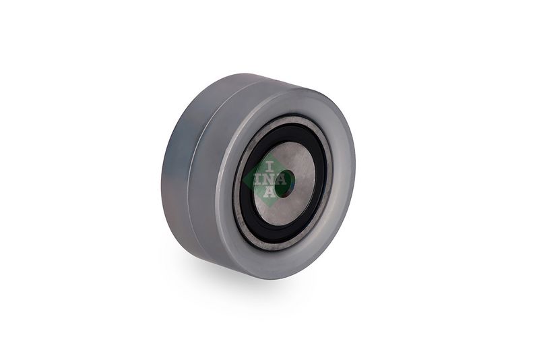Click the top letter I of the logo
coord(269,167)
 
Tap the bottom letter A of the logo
coord(269,192)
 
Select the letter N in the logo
coord(269,180)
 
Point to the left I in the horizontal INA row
coord(258,180)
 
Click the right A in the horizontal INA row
coord(282,180)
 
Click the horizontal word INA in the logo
coord(271,180)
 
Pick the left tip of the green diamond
coord(243,180)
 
